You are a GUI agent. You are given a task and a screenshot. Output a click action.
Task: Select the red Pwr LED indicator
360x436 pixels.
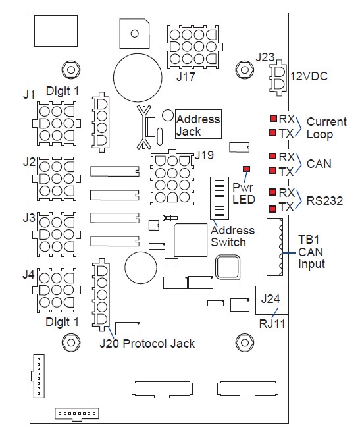tap(247, 169)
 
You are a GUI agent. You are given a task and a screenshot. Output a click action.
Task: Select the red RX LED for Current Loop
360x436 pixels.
tap(272, 119)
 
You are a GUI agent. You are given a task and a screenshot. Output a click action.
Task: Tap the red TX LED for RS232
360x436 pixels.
tap(272, 207)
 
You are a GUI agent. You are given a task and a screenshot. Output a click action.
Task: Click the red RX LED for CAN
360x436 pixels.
tap(272, 157)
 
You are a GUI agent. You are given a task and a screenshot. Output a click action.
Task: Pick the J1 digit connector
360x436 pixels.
tap(55, 123)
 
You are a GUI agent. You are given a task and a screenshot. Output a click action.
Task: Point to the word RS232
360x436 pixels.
tap(325, 200)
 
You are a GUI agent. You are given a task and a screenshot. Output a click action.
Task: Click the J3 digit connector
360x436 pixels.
tap(55, 234)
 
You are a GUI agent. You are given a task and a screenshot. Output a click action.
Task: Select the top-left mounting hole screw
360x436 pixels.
tap(68, 69)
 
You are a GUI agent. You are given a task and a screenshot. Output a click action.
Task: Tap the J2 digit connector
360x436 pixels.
tap(55, 178)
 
